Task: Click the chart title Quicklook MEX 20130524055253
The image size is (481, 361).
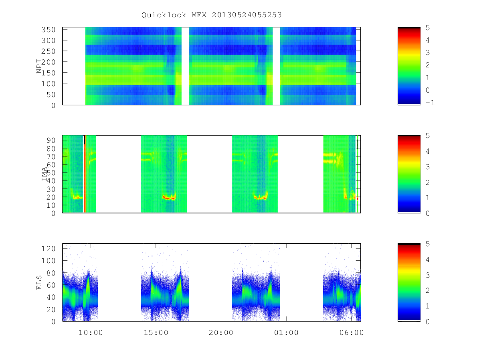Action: [x=212, y=15]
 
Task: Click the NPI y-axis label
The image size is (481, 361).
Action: [x=39, y=66]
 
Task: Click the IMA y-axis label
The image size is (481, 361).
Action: [x=44, y=174]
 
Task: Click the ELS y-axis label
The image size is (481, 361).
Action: [x=39, y=282]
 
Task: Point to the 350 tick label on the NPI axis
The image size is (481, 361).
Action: [x=48, y=30]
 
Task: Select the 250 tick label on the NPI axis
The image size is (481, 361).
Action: [x=48, y=51]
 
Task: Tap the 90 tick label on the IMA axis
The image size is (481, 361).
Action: [x=51, y=140]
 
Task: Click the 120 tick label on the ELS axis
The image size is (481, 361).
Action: [x=48, y=249]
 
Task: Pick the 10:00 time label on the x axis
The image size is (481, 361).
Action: [x=91, y=333]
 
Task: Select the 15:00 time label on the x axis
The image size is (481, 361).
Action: [x=156, y=333]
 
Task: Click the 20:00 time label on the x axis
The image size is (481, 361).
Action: [x=221, y=333]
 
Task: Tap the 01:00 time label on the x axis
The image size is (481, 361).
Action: [x=286, y=333]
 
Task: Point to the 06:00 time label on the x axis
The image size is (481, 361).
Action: [x=352, y=333]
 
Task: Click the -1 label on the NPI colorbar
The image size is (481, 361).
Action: [x=430, y=103]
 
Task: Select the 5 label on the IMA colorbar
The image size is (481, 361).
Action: [x=428, y=136]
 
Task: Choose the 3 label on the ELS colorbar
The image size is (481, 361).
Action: [x=428, y=275]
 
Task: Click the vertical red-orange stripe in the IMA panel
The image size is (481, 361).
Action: [x=85, y=174]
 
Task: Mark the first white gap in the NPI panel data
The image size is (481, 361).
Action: [x=186, y=66]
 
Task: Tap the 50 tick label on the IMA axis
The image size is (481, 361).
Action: [x=51, y=173]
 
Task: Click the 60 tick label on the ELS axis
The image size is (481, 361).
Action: [x=51, y=285]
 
